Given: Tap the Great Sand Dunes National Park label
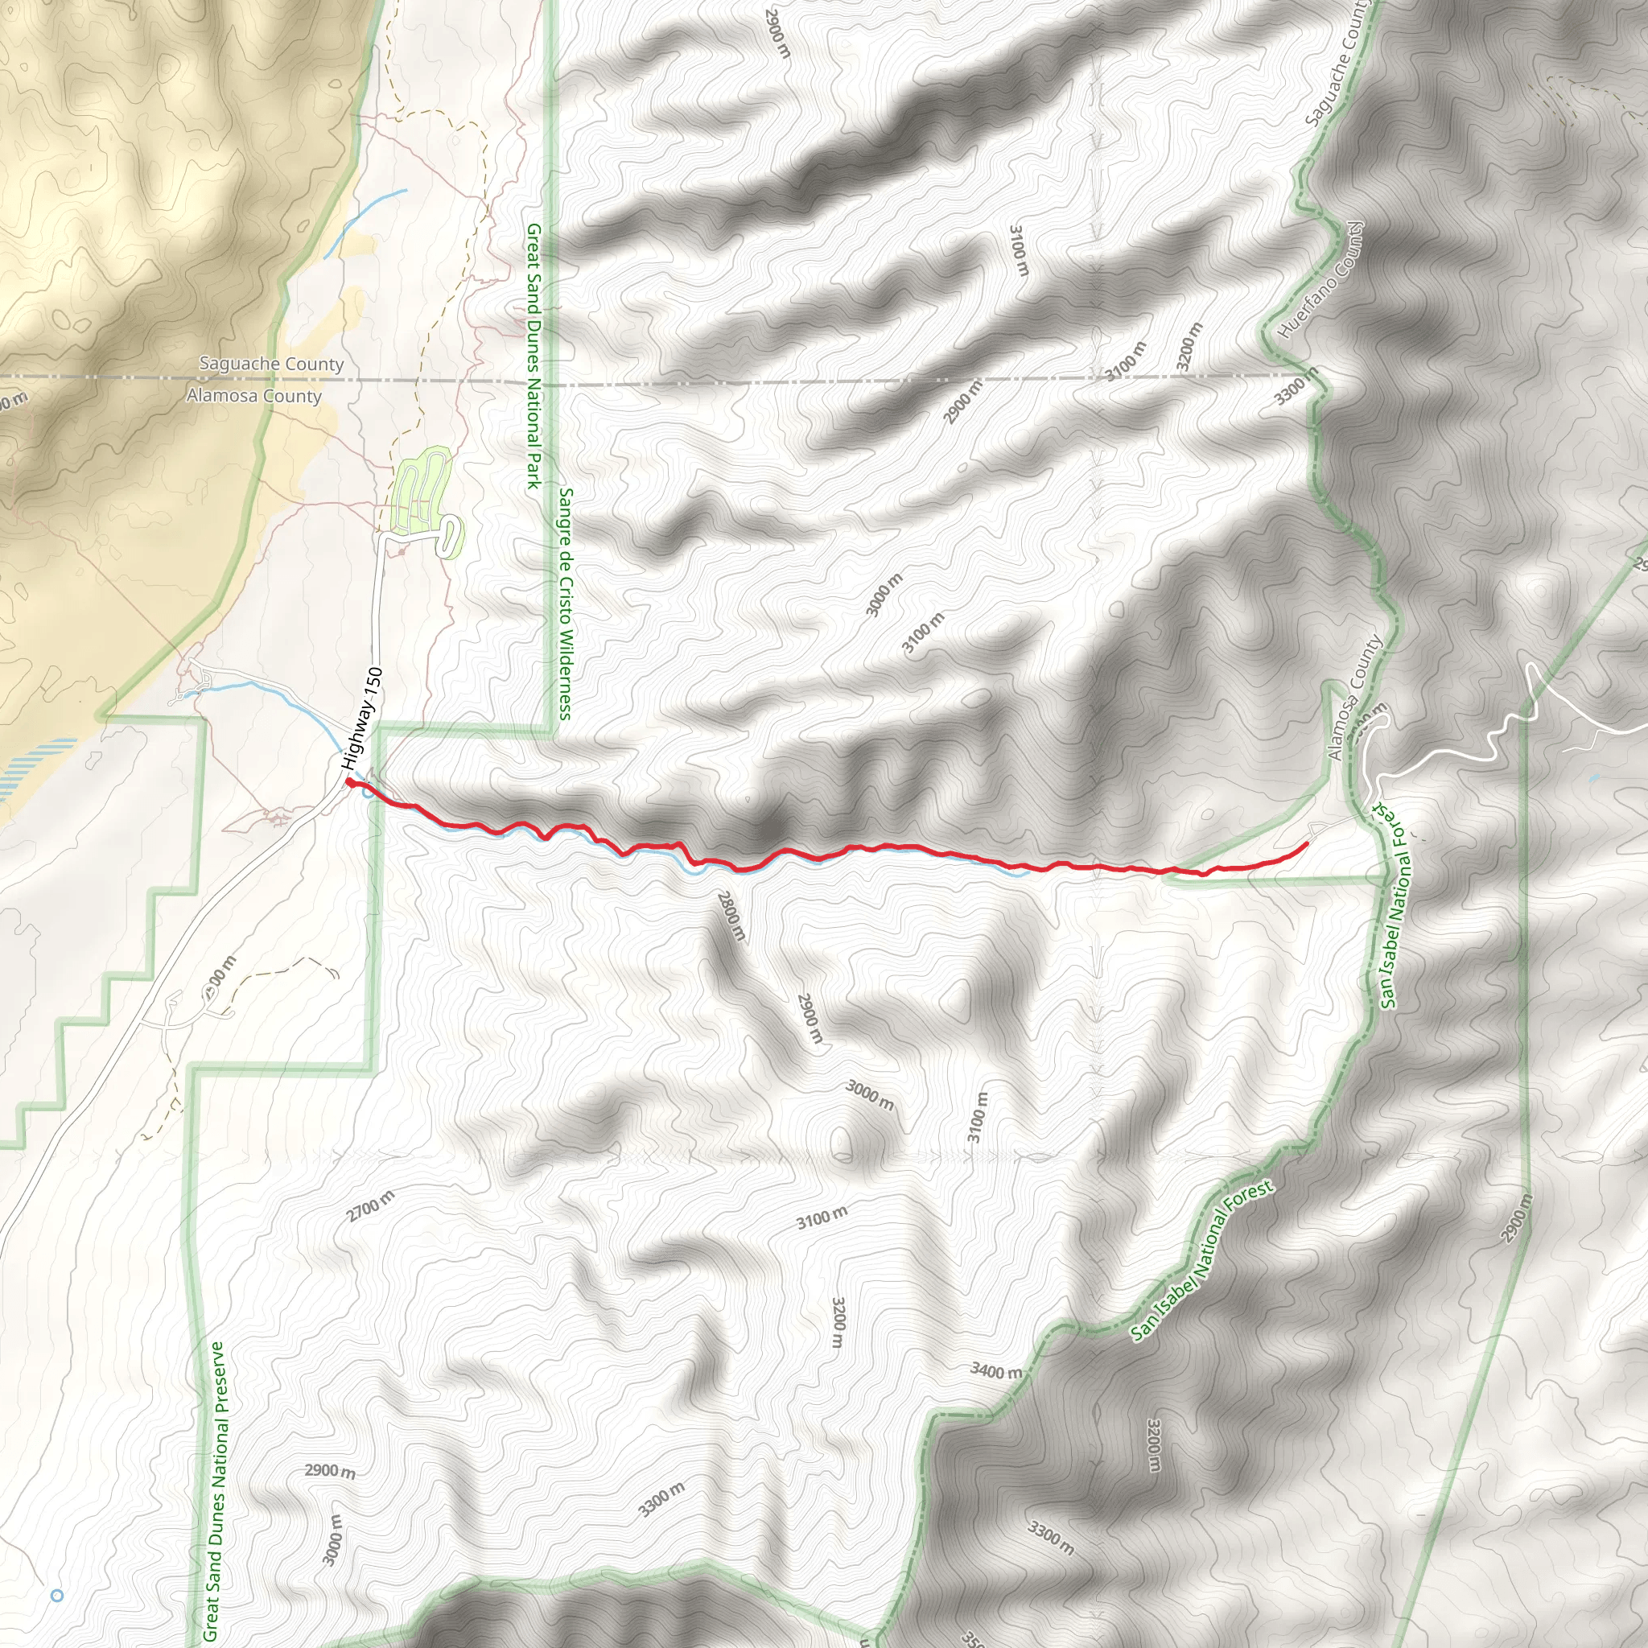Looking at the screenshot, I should point(534,356).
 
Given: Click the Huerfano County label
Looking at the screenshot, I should point(1322,280).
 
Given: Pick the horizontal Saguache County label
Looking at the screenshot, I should point(271,365).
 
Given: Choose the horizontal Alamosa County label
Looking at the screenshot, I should point(254,396).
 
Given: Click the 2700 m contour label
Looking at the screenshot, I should point(371,1206).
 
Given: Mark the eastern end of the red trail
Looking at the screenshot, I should point(1307,844).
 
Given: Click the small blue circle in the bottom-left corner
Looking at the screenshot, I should point(57,1595).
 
